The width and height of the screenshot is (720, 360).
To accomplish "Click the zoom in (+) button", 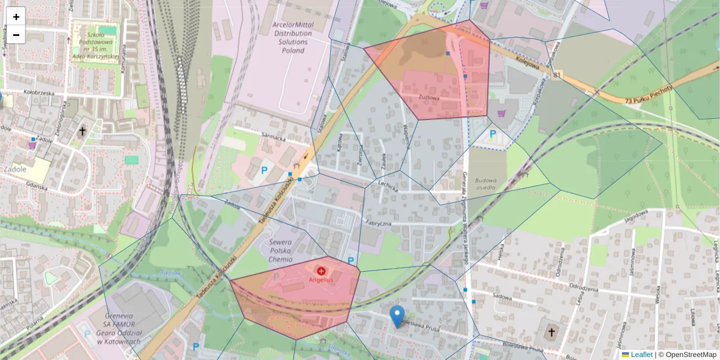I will coord(16,16).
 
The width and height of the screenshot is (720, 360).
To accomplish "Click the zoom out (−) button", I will coord(16,35).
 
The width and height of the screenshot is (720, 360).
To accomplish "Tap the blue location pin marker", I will coord(397,316).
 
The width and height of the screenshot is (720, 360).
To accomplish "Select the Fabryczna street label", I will coord(379,223).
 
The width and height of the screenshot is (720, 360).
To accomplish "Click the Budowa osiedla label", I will coord(485,183).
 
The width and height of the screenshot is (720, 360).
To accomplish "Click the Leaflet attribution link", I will coord(641,355).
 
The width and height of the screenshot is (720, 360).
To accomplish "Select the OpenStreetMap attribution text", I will coord(689,355).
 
